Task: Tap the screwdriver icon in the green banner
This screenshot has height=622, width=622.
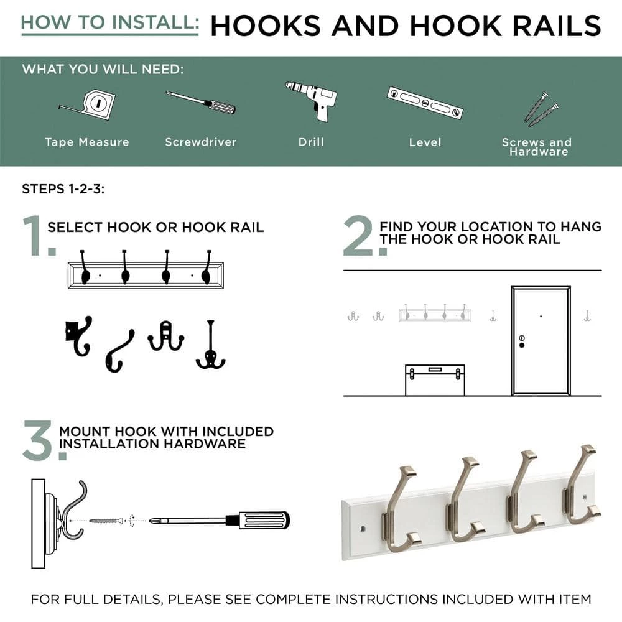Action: point(200,102)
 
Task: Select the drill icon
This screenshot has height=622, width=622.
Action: point(312,100)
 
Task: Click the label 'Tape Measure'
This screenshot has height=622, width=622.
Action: point(87,142)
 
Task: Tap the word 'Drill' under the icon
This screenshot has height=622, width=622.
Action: point(311,142)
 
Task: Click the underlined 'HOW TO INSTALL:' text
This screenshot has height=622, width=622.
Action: point(110,22)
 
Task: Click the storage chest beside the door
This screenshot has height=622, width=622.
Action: point(435,380)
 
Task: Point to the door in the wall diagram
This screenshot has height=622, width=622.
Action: point(541,340)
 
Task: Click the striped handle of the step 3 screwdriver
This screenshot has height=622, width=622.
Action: point(264,520)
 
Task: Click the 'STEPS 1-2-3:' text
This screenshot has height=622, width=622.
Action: point(63,189)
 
